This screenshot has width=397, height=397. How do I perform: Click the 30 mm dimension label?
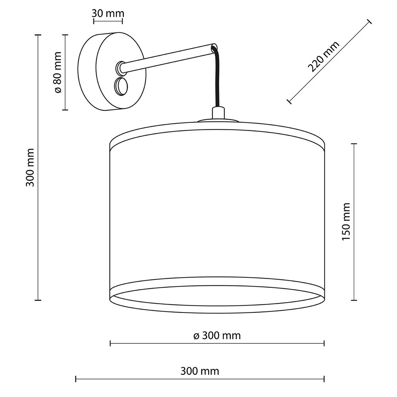[x=108, y=13]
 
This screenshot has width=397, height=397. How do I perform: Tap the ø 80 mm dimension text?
[x=58, y=72]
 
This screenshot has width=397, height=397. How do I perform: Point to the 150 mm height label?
[x=346, y=222]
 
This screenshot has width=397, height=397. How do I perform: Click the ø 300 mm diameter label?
[x=217, y=336]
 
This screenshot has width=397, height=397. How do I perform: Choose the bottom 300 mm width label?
[x=200, y=371]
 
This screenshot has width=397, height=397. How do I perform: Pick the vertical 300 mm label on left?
[x=30, y=168]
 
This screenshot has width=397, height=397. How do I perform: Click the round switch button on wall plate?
[x=121, y=86]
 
